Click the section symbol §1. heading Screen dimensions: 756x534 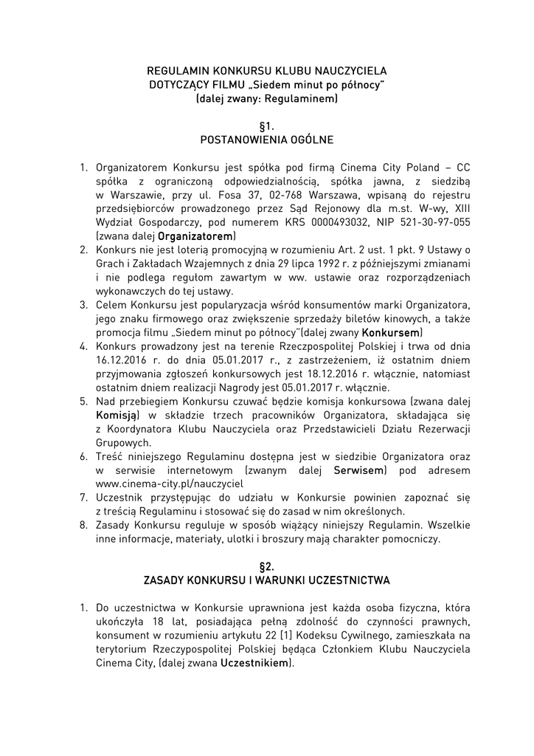[267, 126]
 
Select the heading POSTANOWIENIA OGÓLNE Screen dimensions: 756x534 [267, 140]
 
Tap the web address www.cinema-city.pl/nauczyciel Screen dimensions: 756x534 [159, 484]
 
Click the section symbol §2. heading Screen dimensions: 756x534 [267, 566]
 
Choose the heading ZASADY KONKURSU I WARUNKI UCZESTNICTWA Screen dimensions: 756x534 [267, 580]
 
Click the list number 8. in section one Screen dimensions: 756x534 [84, 526]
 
